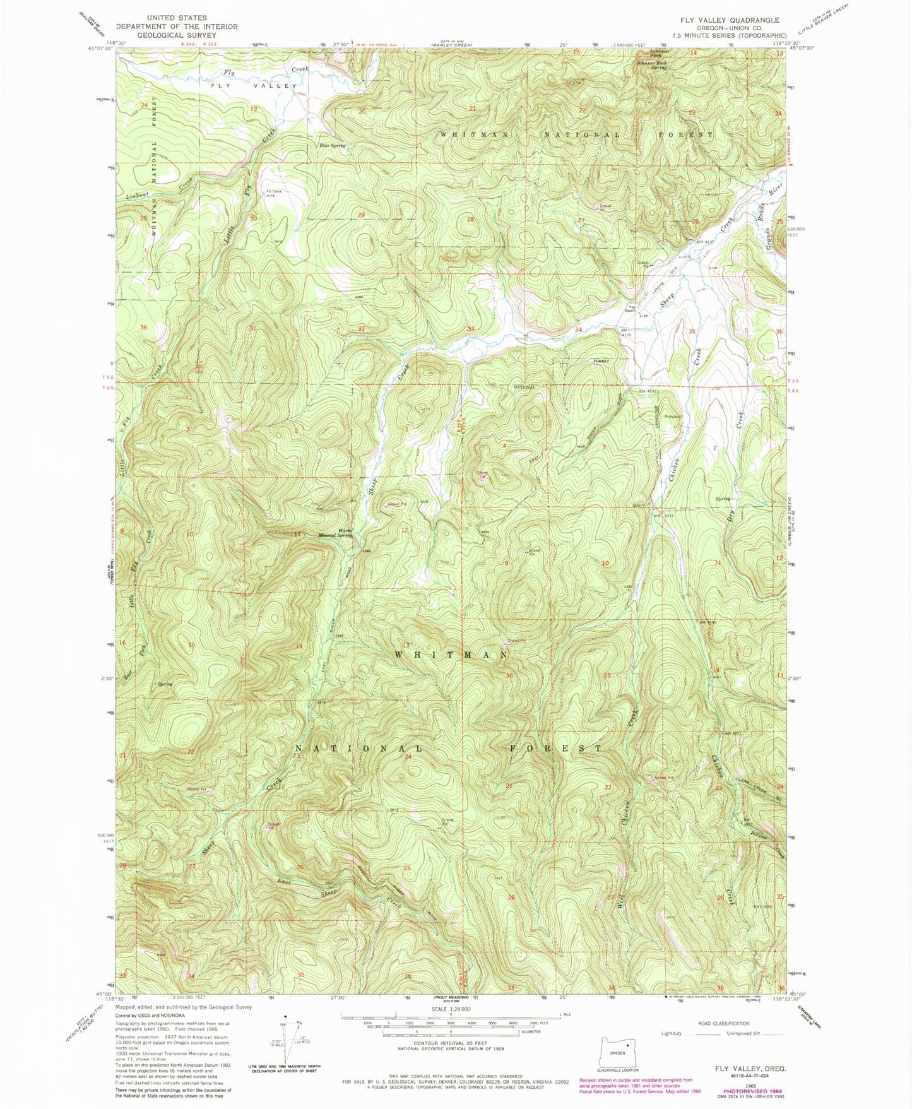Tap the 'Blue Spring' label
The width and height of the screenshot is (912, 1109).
[333, 146]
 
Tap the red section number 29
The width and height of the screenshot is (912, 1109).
[362, 215]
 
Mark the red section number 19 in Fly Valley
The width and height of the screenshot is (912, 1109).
[254, 109]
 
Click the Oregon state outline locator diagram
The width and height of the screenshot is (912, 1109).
[618, 1053]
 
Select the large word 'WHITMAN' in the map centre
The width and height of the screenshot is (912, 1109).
[451, 655]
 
